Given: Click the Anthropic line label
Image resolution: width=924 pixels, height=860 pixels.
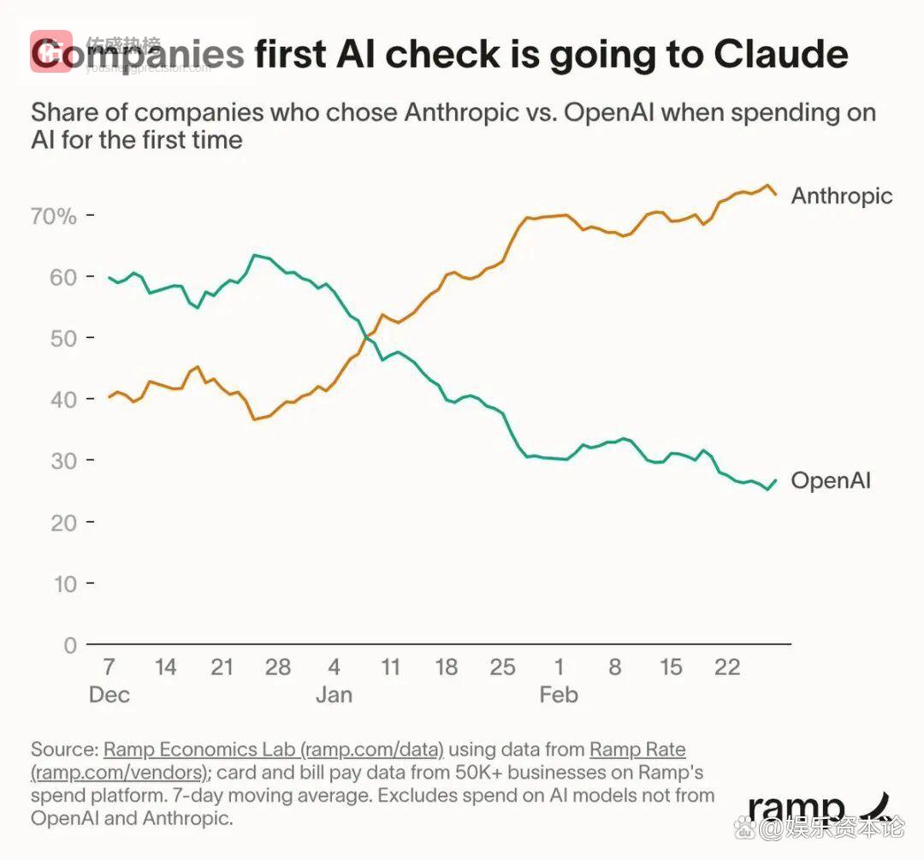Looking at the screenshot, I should (x=841, y=196).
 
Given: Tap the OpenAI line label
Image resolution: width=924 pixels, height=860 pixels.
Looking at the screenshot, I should (x=830, y=480).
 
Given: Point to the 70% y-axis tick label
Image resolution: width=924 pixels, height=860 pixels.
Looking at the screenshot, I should (x=54, y=216).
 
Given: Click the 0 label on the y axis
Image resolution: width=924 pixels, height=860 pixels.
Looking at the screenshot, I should (x=70, y=644).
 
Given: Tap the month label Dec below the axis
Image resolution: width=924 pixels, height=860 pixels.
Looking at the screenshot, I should (x=110, y=694).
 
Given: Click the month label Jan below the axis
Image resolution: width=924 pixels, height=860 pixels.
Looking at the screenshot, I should (x=334, y=694).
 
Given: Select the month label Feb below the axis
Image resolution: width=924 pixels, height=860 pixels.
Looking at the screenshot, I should (x=559, y=694).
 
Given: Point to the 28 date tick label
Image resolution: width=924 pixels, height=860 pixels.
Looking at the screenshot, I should (x=278, y=667).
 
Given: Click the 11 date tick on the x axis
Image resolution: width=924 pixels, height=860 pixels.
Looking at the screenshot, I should (x=390, y=667).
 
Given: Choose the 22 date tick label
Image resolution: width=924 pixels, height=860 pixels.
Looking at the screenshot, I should (x=727, y=667).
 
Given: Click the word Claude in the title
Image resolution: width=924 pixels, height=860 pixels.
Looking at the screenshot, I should (x=780, y=54).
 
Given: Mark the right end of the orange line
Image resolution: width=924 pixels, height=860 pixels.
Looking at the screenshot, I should (x=776, y=195).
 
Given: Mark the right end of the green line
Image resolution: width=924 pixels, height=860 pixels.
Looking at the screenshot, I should (x=776, y=481).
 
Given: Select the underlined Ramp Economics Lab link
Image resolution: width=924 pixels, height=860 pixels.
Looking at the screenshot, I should (x=274, y=750).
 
